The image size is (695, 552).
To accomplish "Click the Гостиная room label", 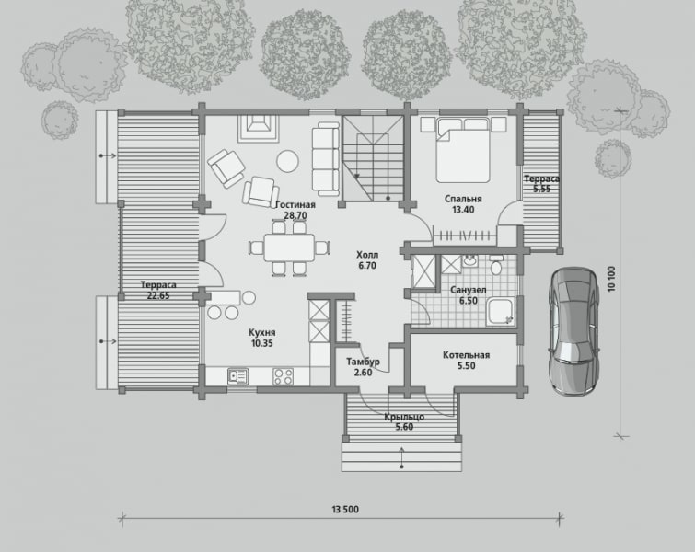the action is coord(295,204).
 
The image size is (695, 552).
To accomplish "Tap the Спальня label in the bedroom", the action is coord(463,199).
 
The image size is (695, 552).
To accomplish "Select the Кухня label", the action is coord(262,332).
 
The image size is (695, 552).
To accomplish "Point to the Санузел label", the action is coord(469,290).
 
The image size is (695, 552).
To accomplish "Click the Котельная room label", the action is coord(467,355).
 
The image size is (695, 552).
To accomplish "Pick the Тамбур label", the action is coord(363,362).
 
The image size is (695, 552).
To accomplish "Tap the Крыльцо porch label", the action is coord(404,417).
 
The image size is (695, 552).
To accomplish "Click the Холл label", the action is coord(367,255).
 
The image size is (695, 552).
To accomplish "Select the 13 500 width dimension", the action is coord(345,510).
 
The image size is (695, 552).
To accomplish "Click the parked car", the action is coord(574,331).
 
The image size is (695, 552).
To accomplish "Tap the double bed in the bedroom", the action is coord(463,150).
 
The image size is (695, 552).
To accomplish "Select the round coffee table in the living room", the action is coord(288,161).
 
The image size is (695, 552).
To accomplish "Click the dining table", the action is coord(289,247).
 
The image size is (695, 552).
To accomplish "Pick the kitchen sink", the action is coord(238,376).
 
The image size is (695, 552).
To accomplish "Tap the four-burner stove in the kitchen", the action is coord(284,376).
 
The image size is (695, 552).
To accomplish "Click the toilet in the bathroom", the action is coord(496,266).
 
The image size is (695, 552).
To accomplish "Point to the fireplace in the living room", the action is coord(258,128).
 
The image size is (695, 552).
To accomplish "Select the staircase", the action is coord(373,157).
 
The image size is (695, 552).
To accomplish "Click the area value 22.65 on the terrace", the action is coord(158,296).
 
